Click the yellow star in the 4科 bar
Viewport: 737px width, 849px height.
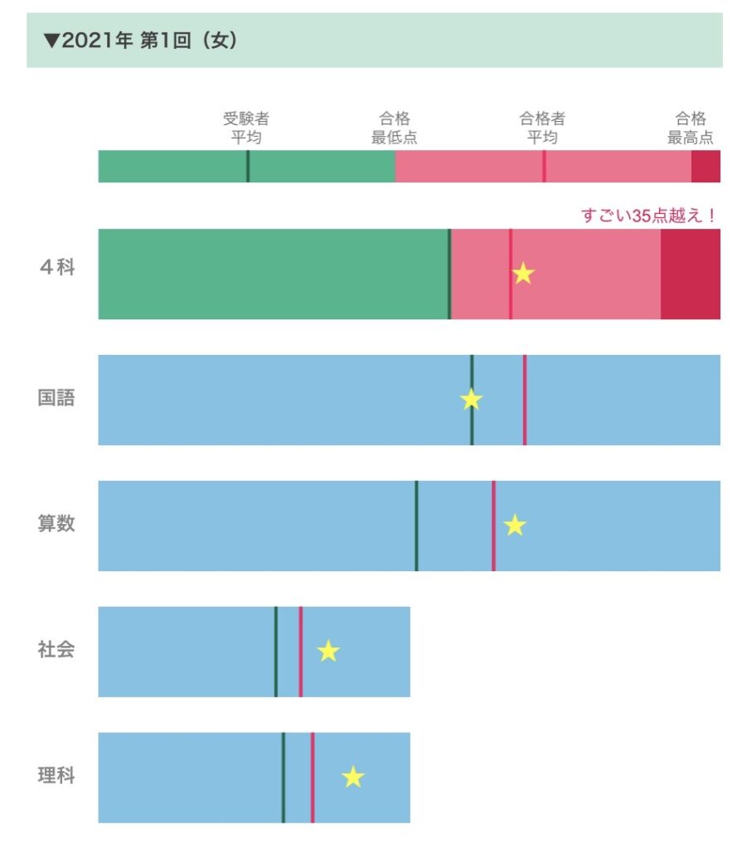(523, 274)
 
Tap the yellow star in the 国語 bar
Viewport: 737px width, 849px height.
(472, 400)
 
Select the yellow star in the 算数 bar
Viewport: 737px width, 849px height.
(515, 525)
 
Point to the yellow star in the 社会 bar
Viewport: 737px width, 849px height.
(329, 652)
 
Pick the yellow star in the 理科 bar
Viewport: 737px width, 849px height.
(353, 777)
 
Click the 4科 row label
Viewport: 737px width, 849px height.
(56, 269)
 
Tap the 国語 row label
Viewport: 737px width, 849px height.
(56, 398)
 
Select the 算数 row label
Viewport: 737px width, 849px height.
(56, 524)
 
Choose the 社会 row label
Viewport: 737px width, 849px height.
(56, 650)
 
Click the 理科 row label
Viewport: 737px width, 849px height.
(56, 777)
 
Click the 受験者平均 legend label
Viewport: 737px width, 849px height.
(246, 128)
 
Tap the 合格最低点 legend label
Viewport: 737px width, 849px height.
(395, 128)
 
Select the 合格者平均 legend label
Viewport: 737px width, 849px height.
(542, 128)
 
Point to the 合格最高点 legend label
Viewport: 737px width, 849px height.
(691, 128)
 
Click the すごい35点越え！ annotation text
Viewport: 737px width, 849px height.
(648, 216)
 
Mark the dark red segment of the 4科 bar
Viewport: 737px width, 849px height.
(690, 274)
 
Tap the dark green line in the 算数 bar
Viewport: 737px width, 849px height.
(416, 526)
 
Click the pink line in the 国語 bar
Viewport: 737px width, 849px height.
(525, 400)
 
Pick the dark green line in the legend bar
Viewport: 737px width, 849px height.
(248, 166)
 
